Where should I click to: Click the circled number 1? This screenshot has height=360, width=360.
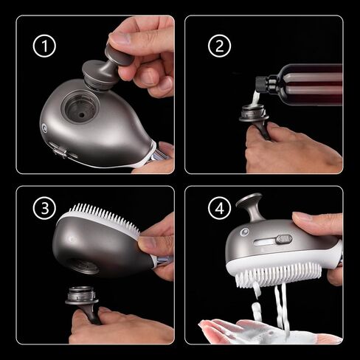click(44, 46)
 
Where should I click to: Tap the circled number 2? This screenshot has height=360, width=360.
click(219, 46)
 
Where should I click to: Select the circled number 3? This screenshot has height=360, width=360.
click(44, 208)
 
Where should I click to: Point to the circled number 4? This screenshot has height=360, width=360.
click(219, 208)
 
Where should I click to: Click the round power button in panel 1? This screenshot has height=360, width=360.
click(44, 128)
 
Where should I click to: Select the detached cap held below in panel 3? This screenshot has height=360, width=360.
click(83, 302)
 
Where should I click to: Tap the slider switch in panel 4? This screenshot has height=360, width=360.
click(284, 239)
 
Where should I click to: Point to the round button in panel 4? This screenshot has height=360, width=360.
click(244, 232)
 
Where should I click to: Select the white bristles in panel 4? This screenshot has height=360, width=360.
click(278, 275)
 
